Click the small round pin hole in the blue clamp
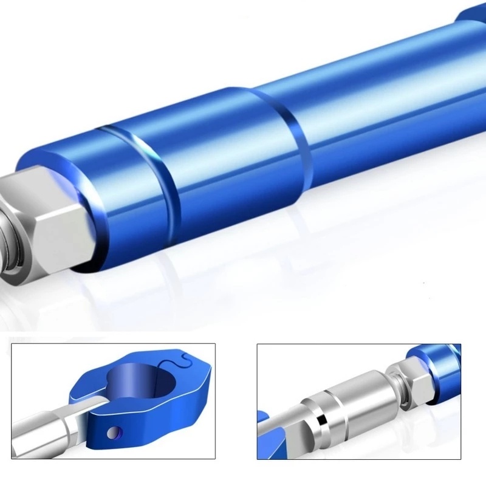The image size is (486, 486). [x=114, y=432]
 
